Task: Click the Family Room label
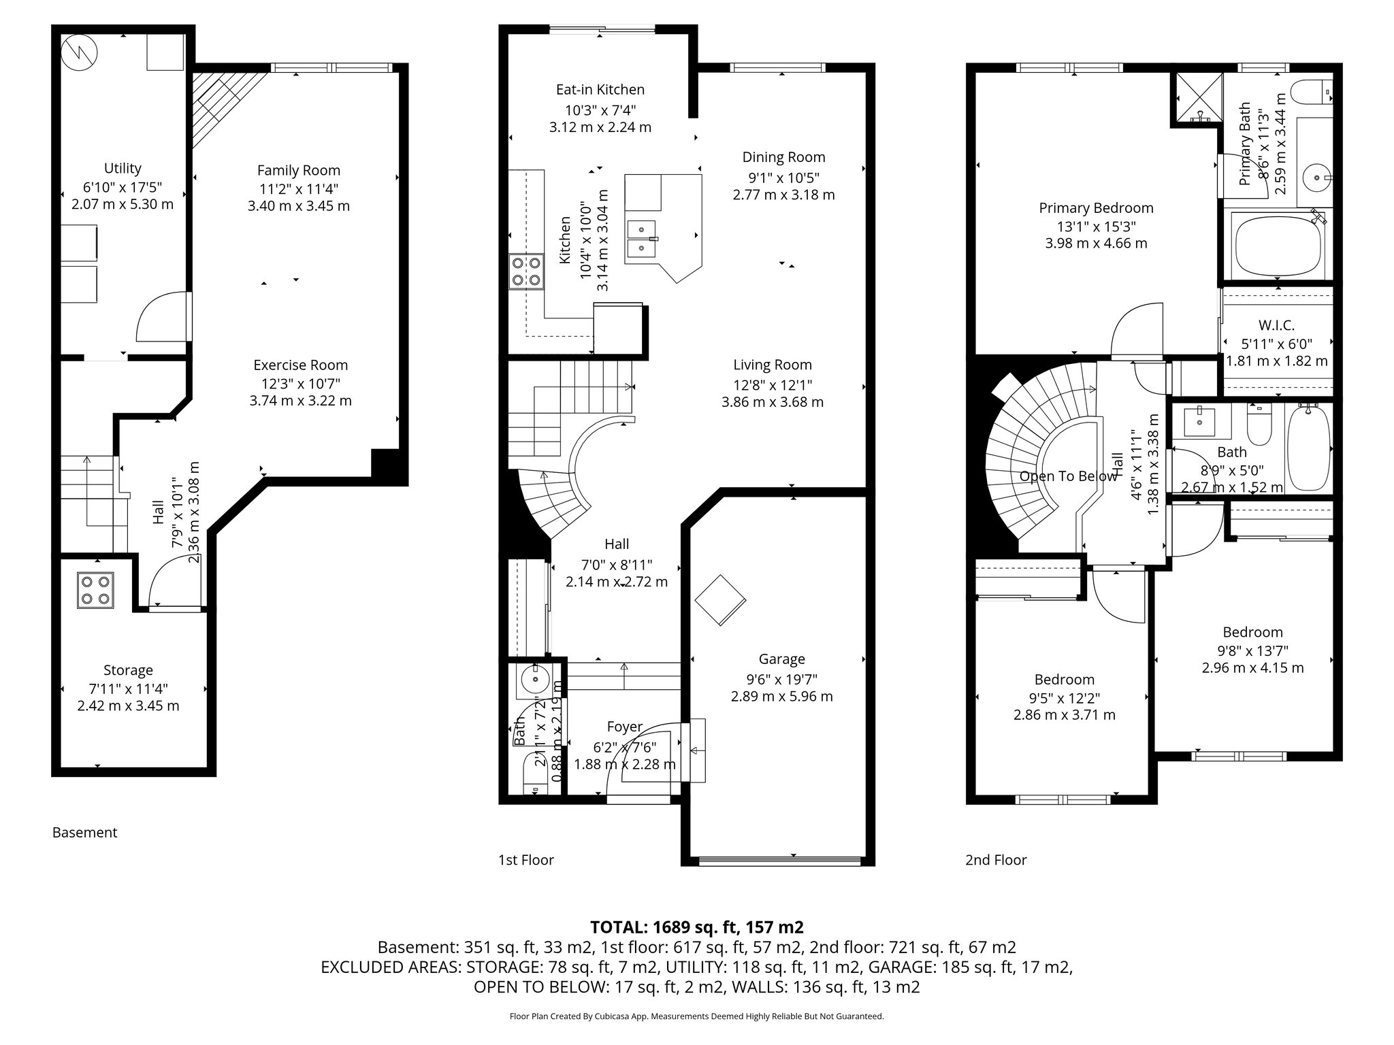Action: coord(298,170)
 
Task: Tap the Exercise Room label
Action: coord(300,365)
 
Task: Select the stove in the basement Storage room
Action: coord(95,590)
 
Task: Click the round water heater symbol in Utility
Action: coord(79,51)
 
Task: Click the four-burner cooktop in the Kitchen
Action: coord(526,271)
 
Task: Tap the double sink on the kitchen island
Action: coord(642,239)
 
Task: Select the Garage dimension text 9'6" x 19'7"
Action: coord(781,678)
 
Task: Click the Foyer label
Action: coord(624,727)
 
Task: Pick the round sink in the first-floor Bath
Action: coord(536,679)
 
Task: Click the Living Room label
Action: coord(772,365)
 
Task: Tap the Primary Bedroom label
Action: coord(1096,208)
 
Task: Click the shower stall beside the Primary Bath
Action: coord(1195,99)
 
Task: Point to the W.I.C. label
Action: coord(1276,325)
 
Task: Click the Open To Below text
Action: coord(1067,476)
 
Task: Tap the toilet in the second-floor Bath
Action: coord(1259,422)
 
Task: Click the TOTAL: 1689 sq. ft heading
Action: coord(696,927)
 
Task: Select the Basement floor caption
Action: coord(84,833)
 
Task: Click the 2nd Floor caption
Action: coord(995,860)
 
